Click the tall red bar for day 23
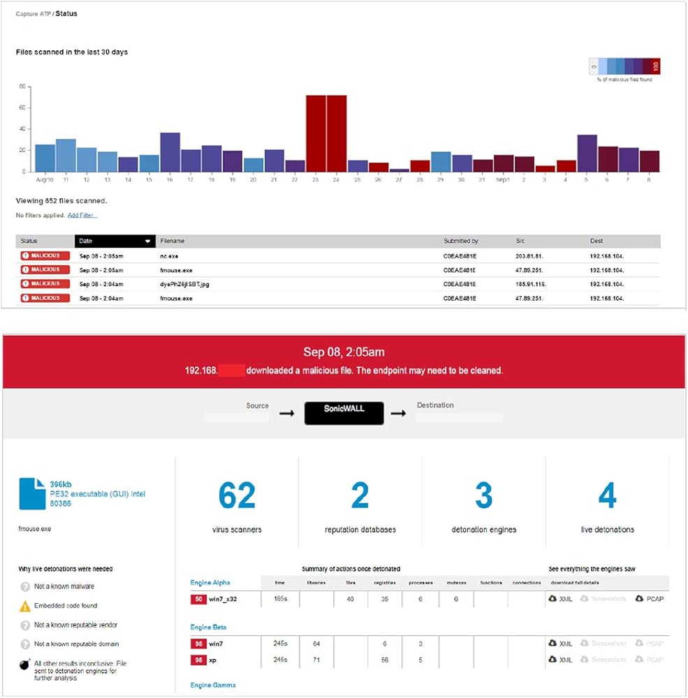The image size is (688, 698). pyautogui.click(x=316, y=133)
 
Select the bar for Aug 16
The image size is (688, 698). pyautogui.click(x=170, y=152)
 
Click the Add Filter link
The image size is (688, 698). pyautogui.click(x=82, y=216)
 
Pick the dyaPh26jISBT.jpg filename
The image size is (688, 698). pyautogui.click(x=185, y=284)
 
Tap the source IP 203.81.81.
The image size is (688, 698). pyautogui.click(x=530, y=255)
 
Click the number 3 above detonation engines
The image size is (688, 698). pyautogui.click(x=483, y=496)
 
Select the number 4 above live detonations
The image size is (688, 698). pyautogui.click(x=607, y=496)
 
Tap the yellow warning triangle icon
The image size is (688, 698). pyautogui.click(x=25, y=606)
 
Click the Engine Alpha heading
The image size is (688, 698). pyautogui.click(x=210, y=582)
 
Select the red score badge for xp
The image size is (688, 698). pyautogui.click(x=198, y=660)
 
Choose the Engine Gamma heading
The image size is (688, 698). pyautogui.click(x=213, y=685)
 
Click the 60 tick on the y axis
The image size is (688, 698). pyautogui.click(x=23, y=107)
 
